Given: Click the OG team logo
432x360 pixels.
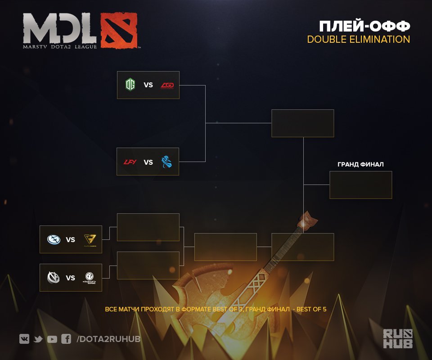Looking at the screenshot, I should [x=130, y=85].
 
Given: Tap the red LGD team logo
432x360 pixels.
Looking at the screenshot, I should [x=170, y=85].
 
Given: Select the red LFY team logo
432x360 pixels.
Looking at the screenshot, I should [x=130, y=162].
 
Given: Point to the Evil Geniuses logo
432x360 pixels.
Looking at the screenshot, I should [x=54, y=239].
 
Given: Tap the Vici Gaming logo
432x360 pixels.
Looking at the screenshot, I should [x=54, y=277].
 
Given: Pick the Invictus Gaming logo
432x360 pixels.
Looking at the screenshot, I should [x=90, y=278].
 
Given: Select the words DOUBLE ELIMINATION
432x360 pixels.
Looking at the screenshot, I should [x=358, y=40].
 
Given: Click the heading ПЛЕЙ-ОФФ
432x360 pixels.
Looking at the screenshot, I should [x=364, y=25].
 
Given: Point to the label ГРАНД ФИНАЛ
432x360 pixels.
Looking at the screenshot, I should [x=360, y=165].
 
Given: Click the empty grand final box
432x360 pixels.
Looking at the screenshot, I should [x=360, y=185].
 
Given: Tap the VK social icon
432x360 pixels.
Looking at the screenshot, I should [x=24, y=339].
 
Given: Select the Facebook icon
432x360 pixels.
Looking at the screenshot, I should [x=66, y=339].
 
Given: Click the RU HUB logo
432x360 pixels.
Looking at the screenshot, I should [x=397, y=338].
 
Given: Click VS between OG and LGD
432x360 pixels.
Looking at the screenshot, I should [x=148, y=85].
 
